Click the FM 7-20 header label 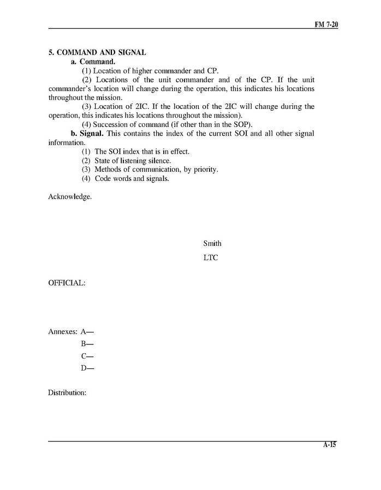[326, 25]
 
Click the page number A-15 [329, 445]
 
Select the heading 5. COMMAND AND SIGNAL [97, 53]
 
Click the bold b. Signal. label [88, 134]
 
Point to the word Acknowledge [70, 197]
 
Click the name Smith [212, 244]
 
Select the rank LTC [210, 258]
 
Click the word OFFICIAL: [67, 283]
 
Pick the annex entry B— [87, 343]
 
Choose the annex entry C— [87, 356]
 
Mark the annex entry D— [87, 368]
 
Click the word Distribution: [67, 392]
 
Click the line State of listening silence [133, 160]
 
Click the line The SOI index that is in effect [142, 151]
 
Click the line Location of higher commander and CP [156, 71]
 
